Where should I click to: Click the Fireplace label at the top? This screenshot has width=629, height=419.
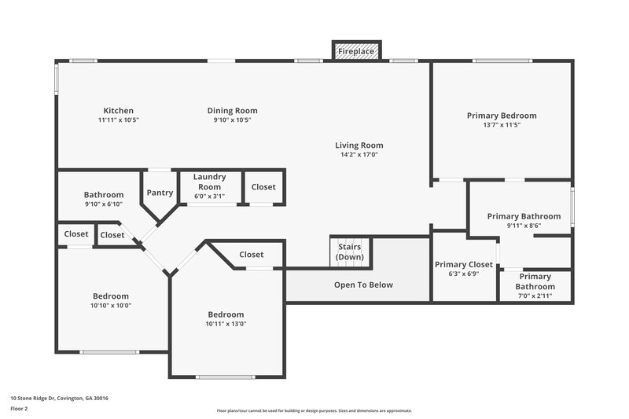point(357,52)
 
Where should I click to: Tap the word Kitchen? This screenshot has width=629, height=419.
point(119,111)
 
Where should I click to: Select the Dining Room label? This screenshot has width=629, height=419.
point(232,111)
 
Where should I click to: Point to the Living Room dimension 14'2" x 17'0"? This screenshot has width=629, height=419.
point(359,155)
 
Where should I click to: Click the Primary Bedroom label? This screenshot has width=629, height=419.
point(502,116)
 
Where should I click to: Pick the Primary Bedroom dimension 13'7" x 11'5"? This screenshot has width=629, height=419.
point(502,125)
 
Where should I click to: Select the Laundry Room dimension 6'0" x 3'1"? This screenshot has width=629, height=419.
point(209,197)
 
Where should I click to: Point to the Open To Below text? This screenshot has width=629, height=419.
point(362,285)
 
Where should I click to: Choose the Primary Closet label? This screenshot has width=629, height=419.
point(464,265)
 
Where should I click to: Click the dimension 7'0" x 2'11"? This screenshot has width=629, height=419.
point(535,296)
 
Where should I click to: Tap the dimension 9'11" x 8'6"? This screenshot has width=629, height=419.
point(524,226)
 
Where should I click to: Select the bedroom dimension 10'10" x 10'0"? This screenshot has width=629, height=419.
point(111,305)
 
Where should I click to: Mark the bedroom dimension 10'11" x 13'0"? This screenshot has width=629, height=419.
point(226,324)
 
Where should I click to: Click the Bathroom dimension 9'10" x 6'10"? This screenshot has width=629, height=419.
point(104,204)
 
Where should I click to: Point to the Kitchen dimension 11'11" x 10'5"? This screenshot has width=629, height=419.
point(119,120)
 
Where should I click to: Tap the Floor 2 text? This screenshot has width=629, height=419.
point(19,409)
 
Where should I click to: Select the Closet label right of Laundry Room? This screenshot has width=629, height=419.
point(263,187)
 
